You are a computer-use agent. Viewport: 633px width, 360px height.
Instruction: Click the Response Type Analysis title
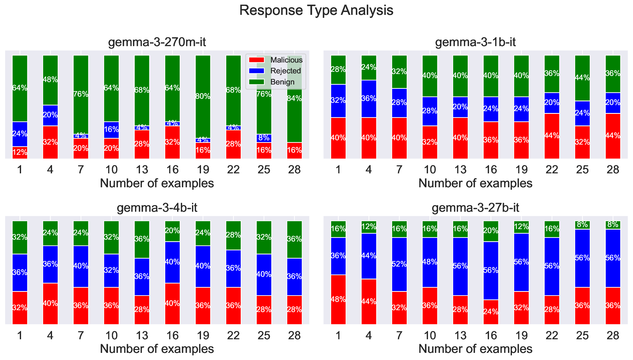[316, 10]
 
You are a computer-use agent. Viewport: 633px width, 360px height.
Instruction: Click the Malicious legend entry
[286, 60]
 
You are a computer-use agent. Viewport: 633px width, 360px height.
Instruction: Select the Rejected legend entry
[285, 71]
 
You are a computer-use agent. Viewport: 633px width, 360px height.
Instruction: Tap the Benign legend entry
[282, 82]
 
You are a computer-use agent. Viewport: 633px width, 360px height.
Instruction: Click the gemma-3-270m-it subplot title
[157, 42]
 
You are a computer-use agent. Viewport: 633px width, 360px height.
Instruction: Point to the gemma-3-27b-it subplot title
[475, 208]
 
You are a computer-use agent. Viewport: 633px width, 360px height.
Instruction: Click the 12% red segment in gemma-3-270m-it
[20, 153]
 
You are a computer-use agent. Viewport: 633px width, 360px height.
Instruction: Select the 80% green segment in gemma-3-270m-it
[203, 97]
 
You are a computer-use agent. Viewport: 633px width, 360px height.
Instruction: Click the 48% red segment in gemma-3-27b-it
[338, 299]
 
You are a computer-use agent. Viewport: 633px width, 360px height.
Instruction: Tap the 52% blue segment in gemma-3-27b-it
[399, 264]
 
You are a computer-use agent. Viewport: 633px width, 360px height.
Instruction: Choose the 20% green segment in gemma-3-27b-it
[491, 231]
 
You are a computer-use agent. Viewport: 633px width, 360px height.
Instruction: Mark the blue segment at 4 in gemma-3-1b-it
[369, 99]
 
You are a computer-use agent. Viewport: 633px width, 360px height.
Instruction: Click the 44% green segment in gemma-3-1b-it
[582, 78]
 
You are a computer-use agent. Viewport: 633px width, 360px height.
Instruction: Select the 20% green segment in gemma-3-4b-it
[172, 231]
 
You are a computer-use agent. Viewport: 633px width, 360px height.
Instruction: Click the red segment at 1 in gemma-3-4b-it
[20, 308]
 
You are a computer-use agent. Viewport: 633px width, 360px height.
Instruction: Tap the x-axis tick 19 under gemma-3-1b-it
[521, 170]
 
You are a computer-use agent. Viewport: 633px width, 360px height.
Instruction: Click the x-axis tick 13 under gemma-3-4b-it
[142, 335]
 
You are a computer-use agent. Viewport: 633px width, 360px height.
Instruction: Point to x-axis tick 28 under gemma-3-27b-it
[613, 335]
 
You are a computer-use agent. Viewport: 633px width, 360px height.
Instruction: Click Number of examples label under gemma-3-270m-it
[157, 183]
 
